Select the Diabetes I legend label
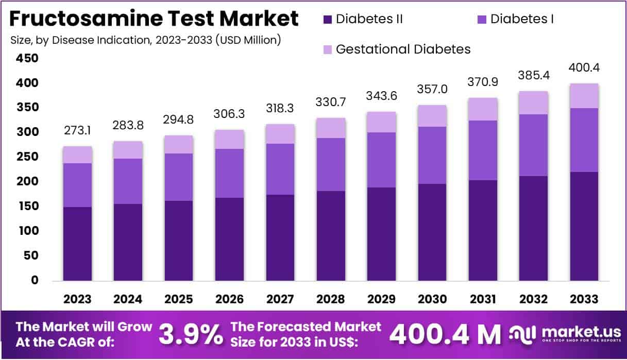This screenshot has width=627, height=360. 522,20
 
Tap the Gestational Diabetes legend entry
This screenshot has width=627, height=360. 402,49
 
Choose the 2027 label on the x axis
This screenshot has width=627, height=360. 280,299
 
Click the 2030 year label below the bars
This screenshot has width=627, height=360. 432,299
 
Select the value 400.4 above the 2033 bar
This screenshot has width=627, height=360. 584,68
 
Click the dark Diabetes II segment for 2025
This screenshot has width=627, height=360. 179,241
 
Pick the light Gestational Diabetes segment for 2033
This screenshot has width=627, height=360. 584,96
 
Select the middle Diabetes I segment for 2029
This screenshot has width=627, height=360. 382,160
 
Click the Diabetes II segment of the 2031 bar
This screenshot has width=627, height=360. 483,230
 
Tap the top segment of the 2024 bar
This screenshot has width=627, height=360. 128,150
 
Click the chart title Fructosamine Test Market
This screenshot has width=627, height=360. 154,19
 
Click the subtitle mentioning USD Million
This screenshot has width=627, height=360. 146,40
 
